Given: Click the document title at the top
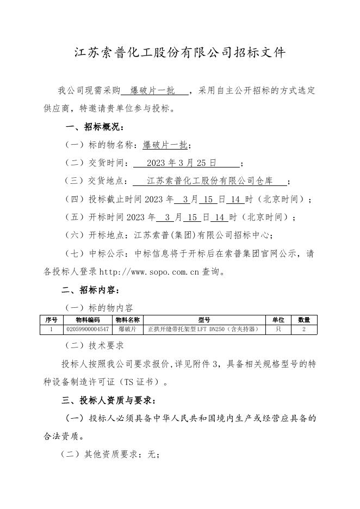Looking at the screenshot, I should click(179, 53).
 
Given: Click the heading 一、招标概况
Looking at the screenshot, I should click(95, 127).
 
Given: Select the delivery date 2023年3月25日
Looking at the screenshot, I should click(182, 163).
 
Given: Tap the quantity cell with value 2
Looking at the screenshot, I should click(304, 329).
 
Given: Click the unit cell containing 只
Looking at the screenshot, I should click(278, 329).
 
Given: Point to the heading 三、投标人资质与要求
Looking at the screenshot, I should click(109, 401).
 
